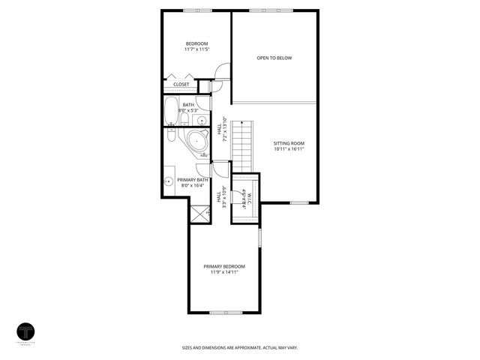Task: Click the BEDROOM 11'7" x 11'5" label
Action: pyautogui.click(x=196, y=46)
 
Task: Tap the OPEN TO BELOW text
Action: pyautogui.click(x=274, y=58)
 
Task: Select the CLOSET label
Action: pyautogui.click(x=181, y=85)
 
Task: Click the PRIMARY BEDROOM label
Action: pyautogui.click(x=224, y=269)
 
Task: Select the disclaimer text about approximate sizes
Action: pyautogui.click(x=240, y=347)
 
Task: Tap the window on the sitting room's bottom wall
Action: pyautogui.click(x=299, y=202)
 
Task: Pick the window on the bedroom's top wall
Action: pyautogui.click(x=196, y=10)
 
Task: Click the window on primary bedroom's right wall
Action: pyautogui.click(x=260, y=238)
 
